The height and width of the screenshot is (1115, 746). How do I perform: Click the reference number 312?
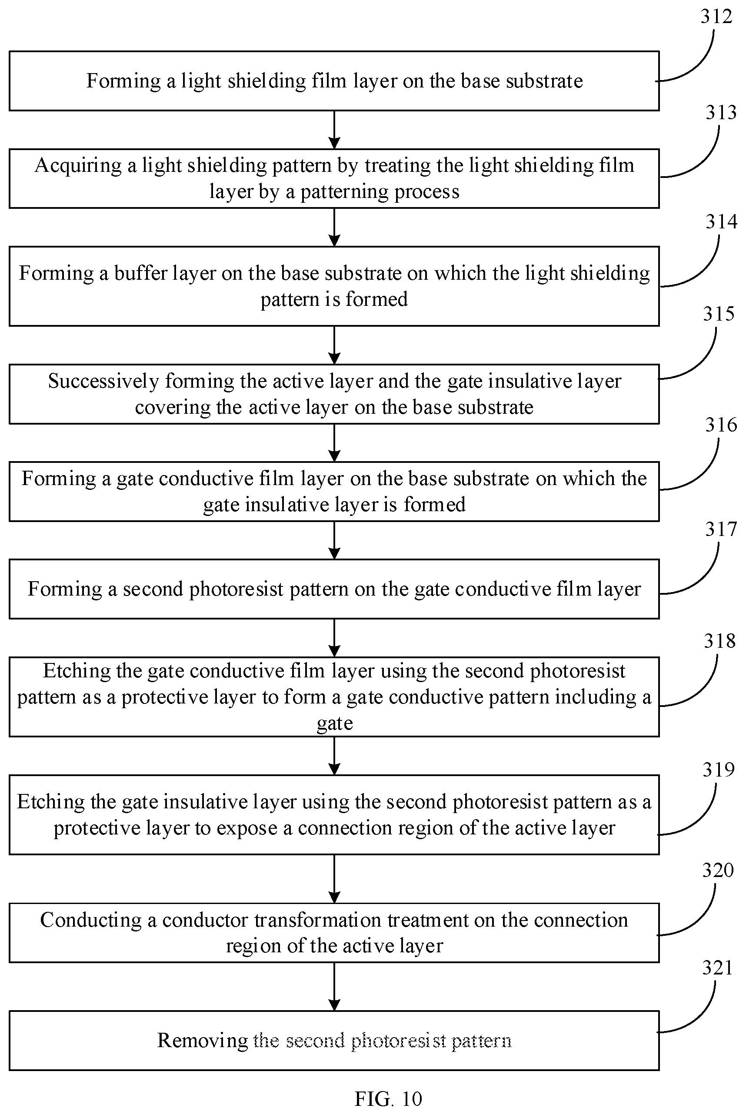(716, 17)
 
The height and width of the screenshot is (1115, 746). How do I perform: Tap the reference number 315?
(719, 314)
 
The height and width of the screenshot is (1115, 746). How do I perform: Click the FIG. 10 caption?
(388, 1099)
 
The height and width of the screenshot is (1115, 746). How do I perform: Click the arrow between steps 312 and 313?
(334, 130)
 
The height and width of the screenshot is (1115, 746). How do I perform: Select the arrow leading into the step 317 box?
(334, 540)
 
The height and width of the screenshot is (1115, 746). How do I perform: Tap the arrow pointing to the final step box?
(334, 987)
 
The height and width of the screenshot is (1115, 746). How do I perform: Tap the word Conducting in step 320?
(91, 920)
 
